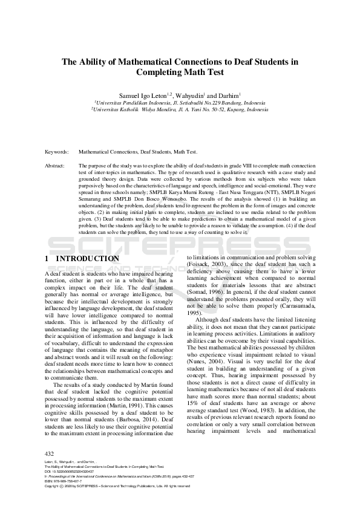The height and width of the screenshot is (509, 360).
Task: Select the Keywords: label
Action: point(56,152)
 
